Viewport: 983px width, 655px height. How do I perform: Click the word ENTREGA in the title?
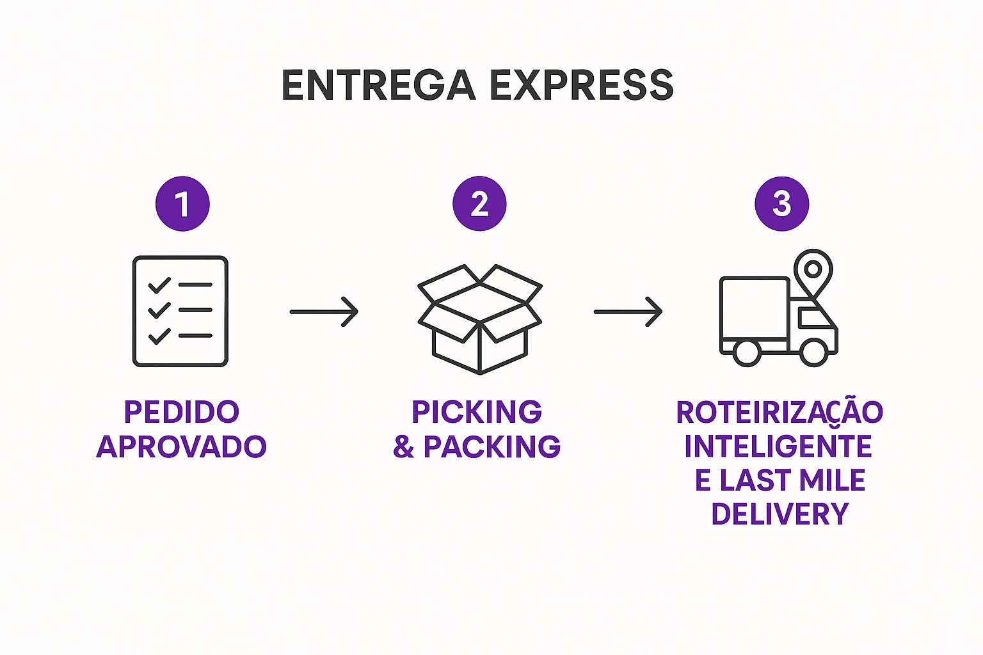[x=378, y=85]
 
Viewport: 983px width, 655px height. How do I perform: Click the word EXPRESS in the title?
[x=582, y=85]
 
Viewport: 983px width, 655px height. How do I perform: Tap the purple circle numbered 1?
[x=182, y=203]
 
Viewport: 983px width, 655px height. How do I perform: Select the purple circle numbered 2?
[x=479, y=203]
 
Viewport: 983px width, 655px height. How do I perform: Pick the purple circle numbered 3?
[x=781, y=203]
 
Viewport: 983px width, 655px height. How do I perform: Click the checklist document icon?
[x=180, y=311]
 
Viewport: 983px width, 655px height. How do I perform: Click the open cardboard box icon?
[x=479, y=319]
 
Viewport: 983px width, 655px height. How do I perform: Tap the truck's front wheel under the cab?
[x=814, y=352]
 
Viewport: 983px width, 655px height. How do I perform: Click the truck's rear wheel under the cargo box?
[x=746, y=352]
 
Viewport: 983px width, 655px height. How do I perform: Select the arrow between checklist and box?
[x=324, y=312]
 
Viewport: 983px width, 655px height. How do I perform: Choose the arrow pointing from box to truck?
[x=628, y=312]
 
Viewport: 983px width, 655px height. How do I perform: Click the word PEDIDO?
[x=181, y=412]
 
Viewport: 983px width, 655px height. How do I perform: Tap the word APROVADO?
[x=181, y=446]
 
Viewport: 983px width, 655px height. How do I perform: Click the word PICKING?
[x=477, y=412]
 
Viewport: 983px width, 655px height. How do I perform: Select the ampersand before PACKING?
[x=403, y=446]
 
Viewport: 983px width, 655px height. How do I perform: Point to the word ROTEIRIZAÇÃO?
[x=779, y=413]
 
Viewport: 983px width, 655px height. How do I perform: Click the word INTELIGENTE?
[x=778, y=446]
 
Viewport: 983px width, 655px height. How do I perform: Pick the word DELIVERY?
[x=779, y=514]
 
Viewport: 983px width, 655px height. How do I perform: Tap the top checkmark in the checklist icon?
[x=159, y=285]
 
